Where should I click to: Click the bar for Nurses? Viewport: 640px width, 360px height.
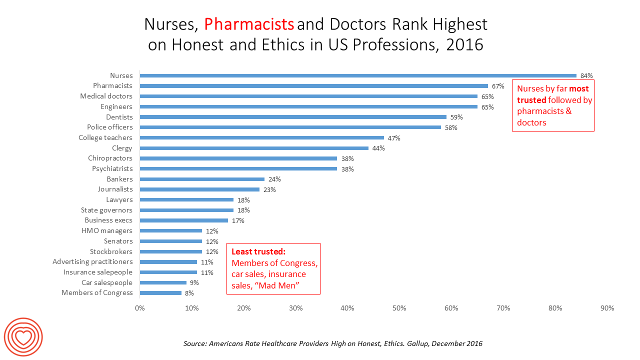pyautogui.click(x=357, y=76)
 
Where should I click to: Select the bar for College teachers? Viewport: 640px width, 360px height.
pyautogui.click(x=261, y=137)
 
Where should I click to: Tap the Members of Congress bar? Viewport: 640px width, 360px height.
pyautogui.click(x=160, y=293)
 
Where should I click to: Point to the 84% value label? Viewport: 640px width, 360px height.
pyautogui.click(x=586, y=76)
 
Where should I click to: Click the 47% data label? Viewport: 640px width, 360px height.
pyautogui.click(x=394, y=138)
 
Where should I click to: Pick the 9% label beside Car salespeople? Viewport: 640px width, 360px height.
pyautogui.click(x=194, y=283)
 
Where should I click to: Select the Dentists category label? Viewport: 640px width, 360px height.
pyautogui.click(x=119, y=117)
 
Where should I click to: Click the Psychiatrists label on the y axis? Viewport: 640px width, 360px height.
pyautogui.click(x=112, y=168)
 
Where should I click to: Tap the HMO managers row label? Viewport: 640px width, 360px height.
pyautogui.click(x=107, y=230)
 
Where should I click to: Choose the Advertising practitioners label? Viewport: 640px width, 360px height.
pyautogui.click(x=92, y=261)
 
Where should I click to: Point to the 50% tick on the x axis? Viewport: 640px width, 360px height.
pyautogui.click(x=399, y=308)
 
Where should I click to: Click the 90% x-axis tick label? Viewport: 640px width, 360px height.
pyautogui.click(x=607, y=308)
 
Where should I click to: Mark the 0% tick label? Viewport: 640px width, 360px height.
pyautogui.click(x=140, y=308)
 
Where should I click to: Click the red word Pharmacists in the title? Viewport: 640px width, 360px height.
pyautogui.click(x=249, y=23)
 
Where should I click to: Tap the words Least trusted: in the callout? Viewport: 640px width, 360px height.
pyautogui.click(x=258, y=252)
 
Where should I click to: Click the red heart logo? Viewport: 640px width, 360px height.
pyautogui.click(x=23, y=337)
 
